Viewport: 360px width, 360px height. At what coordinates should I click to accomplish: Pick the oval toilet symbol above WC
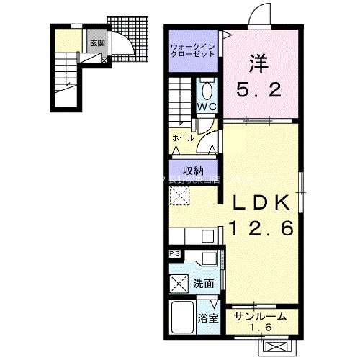tap(207, 91)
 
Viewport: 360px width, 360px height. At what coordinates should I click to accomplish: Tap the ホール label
tap(181, 136)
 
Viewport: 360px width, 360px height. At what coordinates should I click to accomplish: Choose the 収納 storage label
tap(192, 170)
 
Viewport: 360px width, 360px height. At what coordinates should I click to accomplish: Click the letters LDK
tap(261, 201)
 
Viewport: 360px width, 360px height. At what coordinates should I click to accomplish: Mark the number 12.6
tap(261, 228)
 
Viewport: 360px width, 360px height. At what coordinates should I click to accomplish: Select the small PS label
tap(174, 254)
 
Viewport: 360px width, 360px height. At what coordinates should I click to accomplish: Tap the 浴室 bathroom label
tap(208, 318)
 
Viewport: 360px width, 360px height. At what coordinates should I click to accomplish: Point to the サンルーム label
tap(260, 315)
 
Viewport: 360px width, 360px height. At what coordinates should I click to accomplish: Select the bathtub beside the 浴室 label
tap(183, 316)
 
